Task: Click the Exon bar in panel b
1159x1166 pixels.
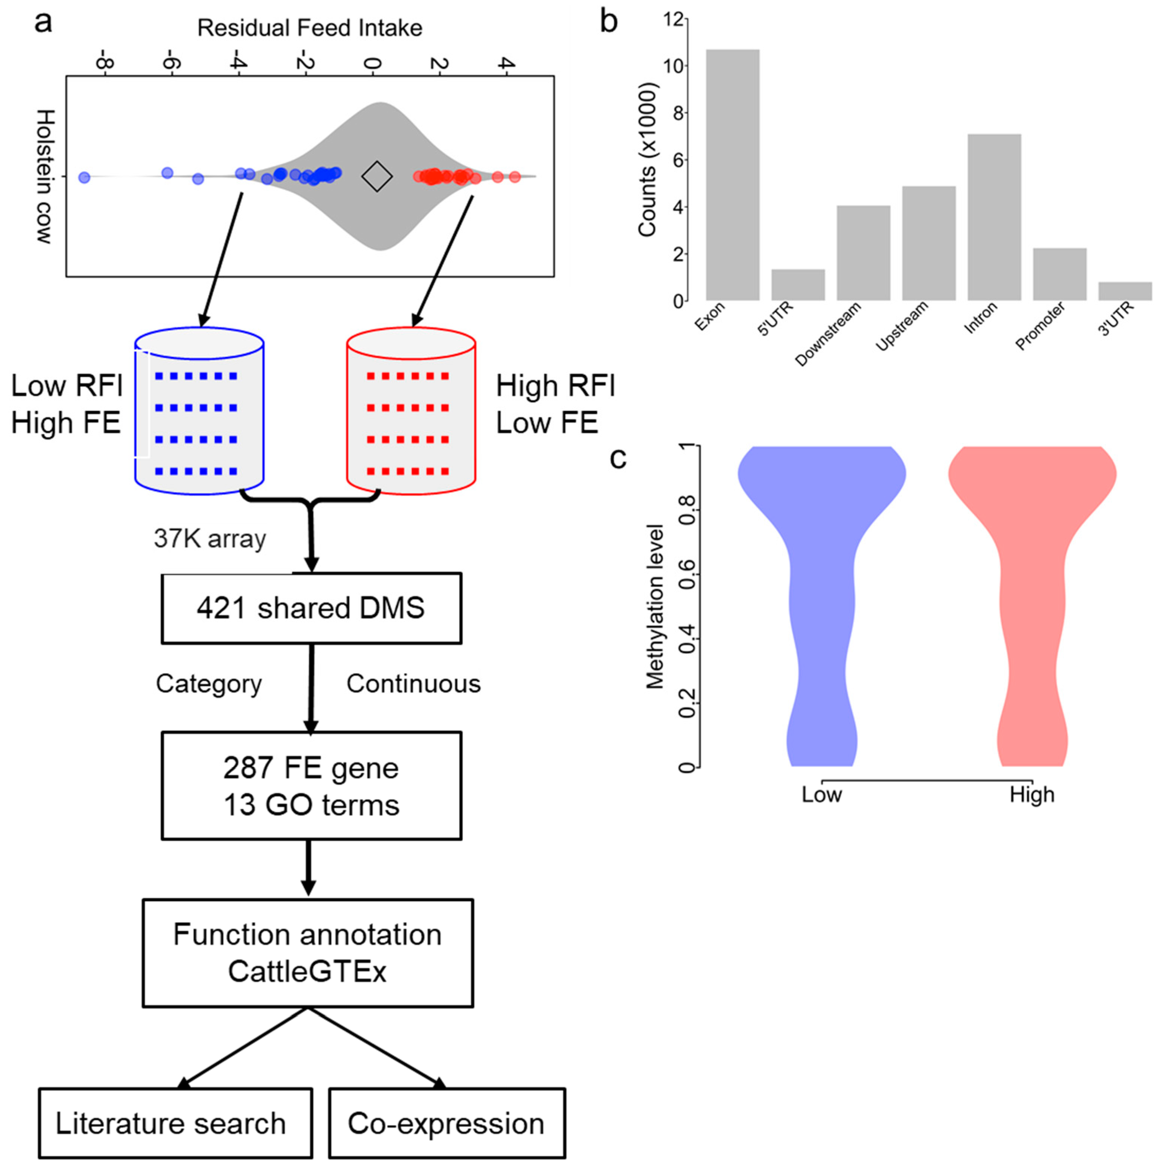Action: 732,175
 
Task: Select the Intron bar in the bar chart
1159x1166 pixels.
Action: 994,217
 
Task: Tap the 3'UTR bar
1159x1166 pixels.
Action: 1124,291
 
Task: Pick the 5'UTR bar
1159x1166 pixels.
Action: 798,285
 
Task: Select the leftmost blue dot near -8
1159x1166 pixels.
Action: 84,178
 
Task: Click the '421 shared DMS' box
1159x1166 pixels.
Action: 311,608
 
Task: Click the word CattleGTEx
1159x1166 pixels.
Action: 307,972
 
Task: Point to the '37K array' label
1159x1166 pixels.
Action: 209,538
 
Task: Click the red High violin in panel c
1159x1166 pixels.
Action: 1032,604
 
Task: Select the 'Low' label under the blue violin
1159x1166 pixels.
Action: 821,794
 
